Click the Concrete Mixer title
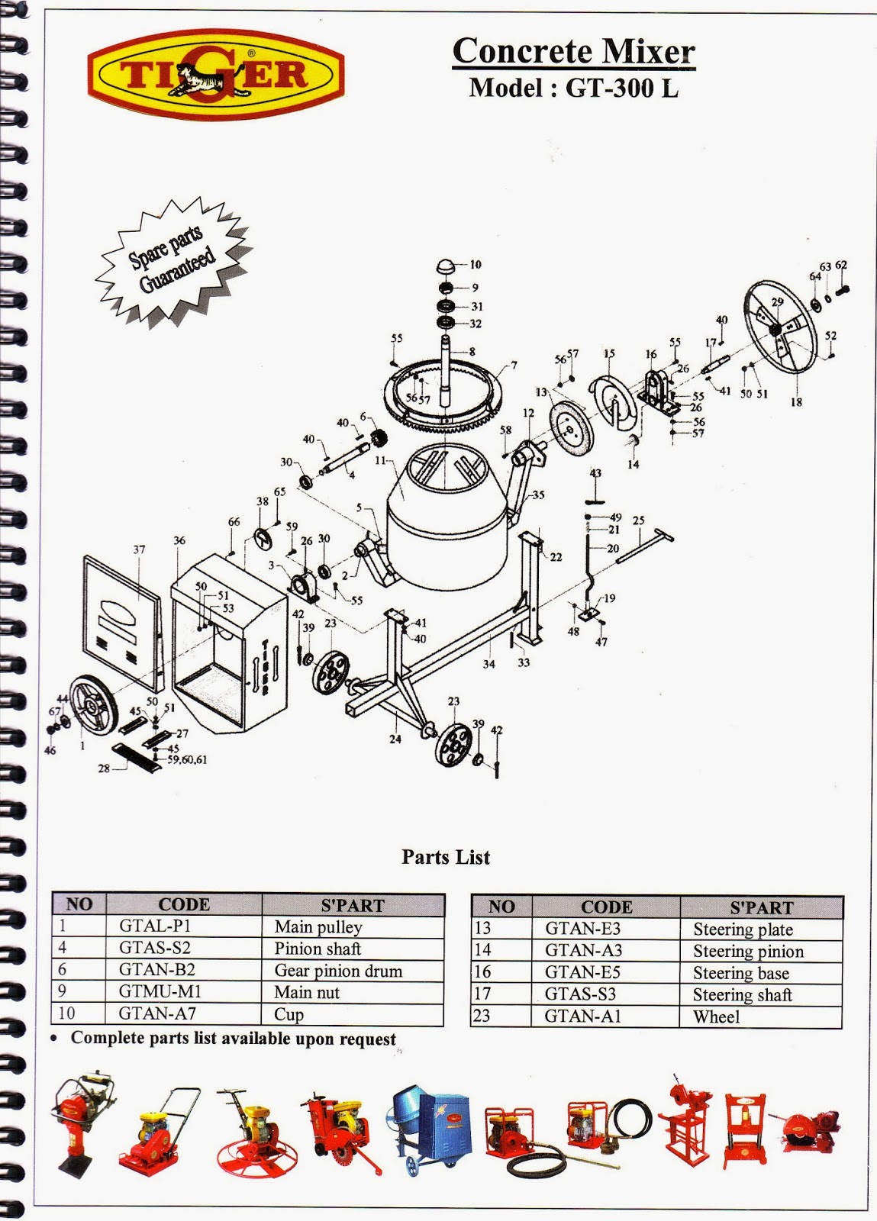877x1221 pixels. coord(573,51)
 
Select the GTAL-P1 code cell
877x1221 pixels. coord(155,926)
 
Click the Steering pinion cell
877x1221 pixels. coord(748,952)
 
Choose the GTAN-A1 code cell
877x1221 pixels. coord(583,1016)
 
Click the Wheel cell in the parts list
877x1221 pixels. coord(716,1017)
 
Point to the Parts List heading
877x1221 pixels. coord(446,857)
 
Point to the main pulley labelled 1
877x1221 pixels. coord(94,707)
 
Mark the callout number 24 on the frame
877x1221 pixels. coord(395,739)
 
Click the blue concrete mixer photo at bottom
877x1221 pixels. coord(431,1129)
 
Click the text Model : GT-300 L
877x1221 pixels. coord(573,89)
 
